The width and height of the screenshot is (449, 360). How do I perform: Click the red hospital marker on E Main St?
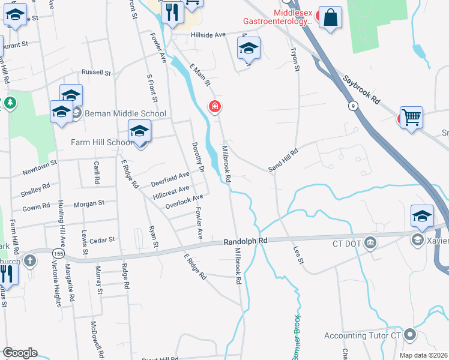(214, 107)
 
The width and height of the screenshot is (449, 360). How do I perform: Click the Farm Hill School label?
(102, 142)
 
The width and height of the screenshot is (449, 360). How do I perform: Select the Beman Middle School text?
(125, 113)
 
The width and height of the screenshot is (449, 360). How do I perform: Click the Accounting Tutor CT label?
(362, 335)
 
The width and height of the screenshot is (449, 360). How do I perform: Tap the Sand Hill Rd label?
(283, 161)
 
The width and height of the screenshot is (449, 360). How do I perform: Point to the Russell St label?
(97, 73)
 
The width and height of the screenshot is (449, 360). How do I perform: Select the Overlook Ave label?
(184, 202)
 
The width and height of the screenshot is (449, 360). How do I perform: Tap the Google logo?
(20, 353)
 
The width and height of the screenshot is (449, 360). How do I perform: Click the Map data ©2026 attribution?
(423, 355)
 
